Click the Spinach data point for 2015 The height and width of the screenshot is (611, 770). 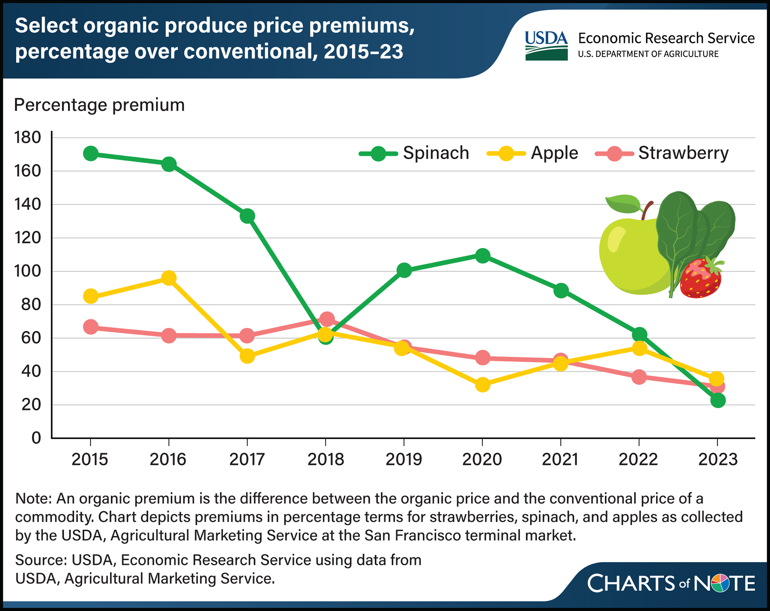click(x=91, y=154)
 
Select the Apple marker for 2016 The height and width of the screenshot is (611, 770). click(x=169, y=278)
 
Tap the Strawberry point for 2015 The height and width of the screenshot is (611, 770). click(x=91, y=327)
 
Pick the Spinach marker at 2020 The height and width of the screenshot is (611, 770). click(x=482, y=255)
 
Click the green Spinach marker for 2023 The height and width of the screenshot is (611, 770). click(x=717, y=400)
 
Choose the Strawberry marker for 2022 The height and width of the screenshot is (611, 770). click(x=639, y=377)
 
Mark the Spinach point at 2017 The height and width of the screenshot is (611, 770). click(x=247, y=216)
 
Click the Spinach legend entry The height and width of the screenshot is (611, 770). click(x=415, y=153)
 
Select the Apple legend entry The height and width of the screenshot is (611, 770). click(x=533, y=153)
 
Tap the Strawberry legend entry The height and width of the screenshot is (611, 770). click(x=662, y=153)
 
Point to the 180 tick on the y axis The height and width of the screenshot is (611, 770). click(x=28, y=138)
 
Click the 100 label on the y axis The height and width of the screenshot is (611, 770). click(x=28, y=271)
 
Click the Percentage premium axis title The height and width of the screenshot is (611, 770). click(x=99, y=105)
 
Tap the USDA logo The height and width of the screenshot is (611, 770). click(x=546, y=46)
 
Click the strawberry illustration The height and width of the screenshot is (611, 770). click(x=701, y=279)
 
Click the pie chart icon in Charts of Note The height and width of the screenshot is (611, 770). click(x=720, y=583)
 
